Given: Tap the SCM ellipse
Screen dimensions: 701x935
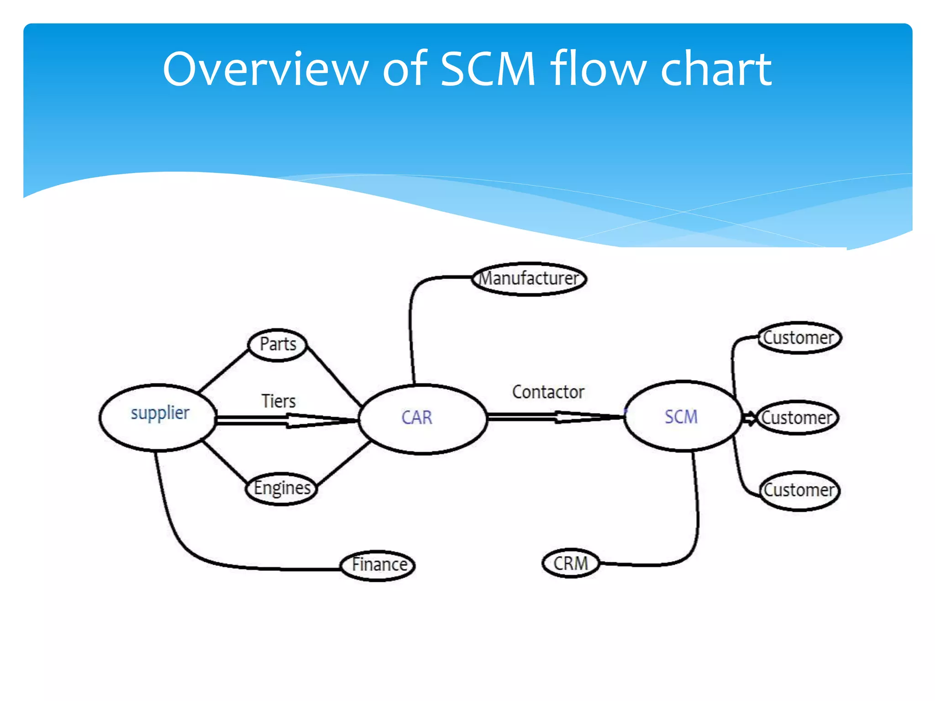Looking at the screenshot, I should point(682,416).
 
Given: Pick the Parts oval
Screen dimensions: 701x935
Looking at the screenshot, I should point(277,345).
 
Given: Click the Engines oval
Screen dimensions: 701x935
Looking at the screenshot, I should point(282,488).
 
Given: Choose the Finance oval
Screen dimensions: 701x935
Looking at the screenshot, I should point(378,565).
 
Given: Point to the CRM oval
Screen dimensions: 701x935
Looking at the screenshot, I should point(571,563).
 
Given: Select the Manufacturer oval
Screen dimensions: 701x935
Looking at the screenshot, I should point(529,278).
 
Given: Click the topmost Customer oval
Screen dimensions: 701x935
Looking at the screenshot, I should point(799,338).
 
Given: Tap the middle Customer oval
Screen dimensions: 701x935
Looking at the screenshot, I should point(797,418).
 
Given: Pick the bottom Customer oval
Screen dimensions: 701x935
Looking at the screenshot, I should point(799,491).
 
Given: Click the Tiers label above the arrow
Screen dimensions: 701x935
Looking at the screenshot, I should point(278,401).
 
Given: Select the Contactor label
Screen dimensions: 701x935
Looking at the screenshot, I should point(548,392).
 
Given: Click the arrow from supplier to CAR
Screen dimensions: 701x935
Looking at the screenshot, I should point(288,420).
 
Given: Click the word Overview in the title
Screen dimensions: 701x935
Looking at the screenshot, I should point(265,69).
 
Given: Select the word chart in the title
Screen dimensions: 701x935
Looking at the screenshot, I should point(715,69).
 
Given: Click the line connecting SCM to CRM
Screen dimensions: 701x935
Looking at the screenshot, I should point(697,511).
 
